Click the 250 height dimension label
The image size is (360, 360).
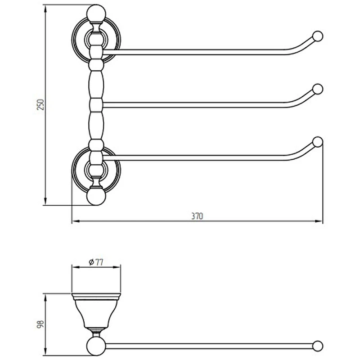click(x=40, y=105)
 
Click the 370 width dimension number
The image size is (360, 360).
click(x=197, y=216)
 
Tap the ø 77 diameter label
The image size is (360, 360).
click(x=96, y=262)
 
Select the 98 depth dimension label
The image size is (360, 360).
click(x=40, y=324)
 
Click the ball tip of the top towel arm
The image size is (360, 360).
click(x=318, y=36)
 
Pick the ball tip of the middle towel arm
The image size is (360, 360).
click(x=318, y=89)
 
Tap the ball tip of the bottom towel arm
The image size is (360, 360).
click(x=318, y=142)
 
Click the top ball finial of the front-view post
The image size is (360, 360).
click(x=96, y=14)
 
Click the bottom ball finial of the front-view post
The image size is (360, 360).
click(x=96, y=196)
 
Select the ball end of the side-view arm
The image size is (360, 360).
click(x=318, y=346)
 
